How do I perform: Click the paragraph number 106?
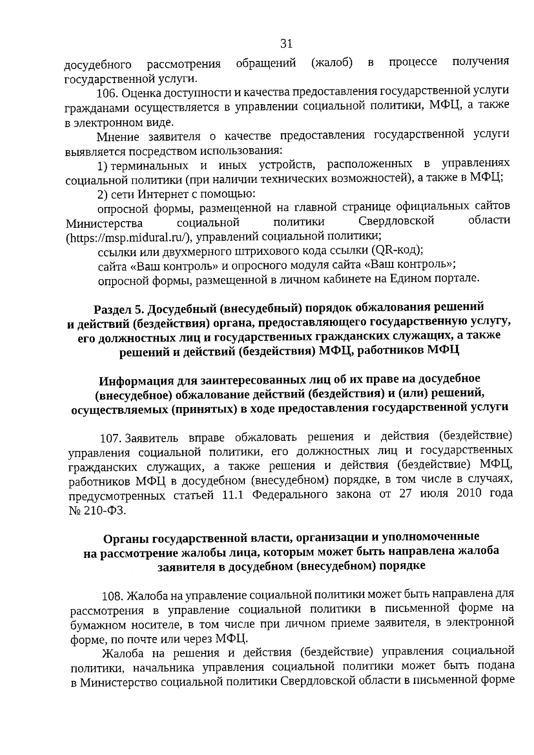[x=107, y=94]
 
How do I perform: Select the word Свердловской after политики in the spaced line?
[x=396, y=221]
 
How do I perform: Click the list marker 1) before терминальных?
[x=103, y=166]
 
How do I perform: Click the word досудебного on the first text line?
[x=98, y=65]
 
